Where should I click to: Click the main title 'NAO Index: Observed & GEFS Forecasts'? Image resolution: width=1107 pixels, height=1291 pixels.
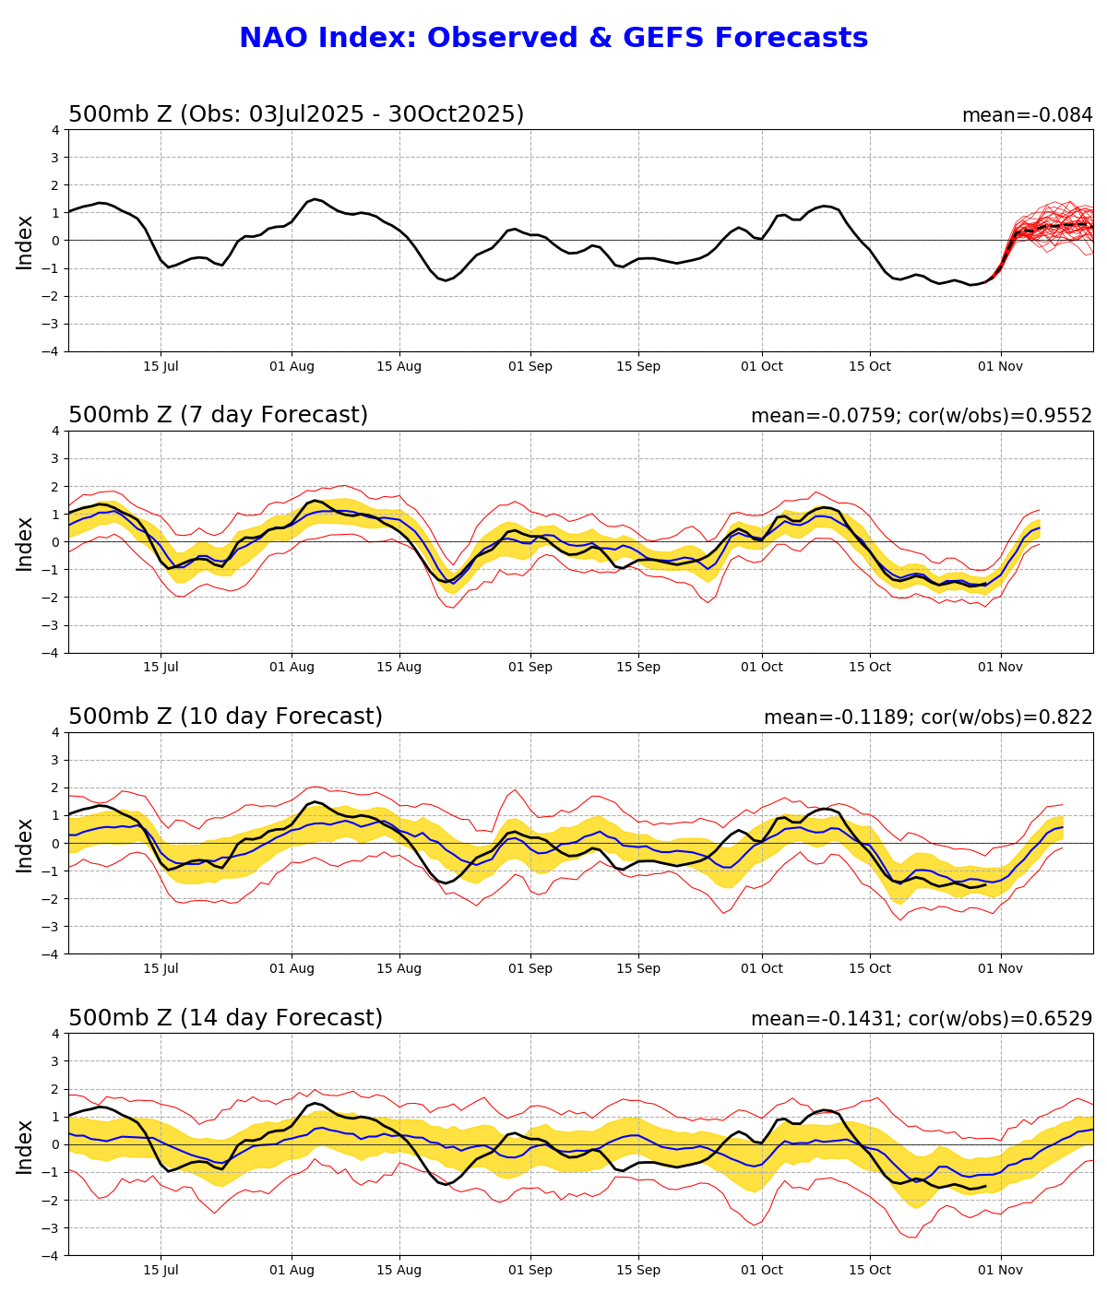click(553, 39)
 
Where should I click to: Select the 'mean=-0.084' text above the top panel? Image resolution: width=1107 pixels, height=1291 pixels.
click(1027, 115)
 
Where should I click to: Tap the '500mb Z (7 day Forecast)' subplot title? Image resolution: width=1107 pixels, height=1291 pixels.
click(218, 415)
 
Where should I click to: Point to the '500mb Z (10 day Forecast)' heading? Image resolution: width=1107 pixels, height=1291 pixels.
click(225, 717)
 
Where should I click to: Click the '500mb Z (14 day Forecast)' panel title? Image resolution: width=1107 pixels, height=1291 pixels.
click(225, 1018)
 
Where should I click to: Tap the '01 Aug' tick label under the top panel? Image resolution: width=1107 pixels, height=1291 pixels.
click(292, 366)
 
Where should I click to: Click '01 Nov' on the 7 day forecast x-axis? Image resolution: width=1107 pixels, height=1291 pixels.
click(1001, 667)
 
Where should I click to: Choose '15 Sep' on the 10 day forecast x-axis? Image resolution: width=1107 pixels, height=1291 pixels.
click(638, 968)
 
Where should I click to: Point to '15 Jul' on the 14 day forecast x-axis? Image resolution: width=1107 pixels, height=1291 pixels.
click(161, 1270)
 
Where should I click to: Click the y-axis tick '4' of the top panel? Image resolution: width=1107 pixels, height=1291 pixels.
click(55, 130)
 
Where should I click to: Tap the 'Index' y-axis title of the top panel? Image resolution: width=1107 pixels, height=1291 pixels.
click(25, 242)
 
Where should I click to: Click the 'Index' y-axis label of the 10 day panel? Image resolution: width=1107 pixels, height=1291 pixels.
click(25, 844)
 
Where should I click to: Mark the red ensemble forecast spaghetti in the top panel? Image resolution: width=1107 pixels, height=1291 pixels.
click(1052, 225)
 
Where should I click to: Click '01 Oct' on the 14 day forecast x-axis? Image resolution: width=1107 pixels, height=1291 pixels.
click(762, 1270)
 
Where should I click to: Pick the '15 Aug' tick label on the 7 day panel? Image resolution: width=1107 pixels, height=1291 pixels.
click(399, 667)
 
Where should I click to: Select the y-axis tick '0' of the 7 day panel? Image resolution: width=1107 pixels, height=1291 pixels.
click(55, 541)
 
